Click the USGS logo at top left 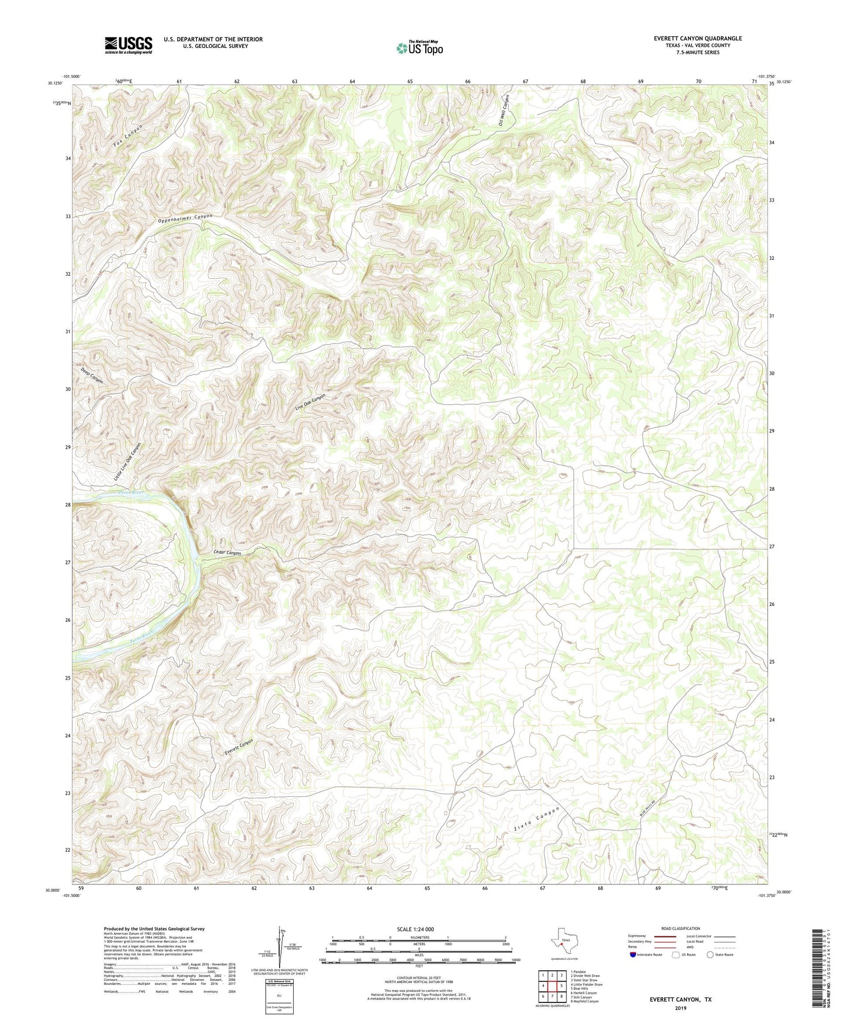click(x=128, y=45)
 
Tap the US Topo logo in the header click(x=419, y=48)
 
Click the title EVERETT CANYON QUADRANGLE click(x=698, y=39)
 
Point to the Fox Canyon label click(x=128, y=136)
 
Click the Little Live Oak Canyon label click(x=128, y=463)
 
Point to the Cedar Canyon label click(x=227, y=553)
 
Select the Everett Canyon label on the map click(x=239, y=748)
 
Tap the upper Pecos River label click(x=131, y=492)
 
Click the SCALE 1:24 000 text click(x=415, y=929)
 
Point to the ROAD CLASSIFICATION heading click(x=680, y=928)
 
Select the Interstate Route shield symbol click(x=633, y=955)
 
